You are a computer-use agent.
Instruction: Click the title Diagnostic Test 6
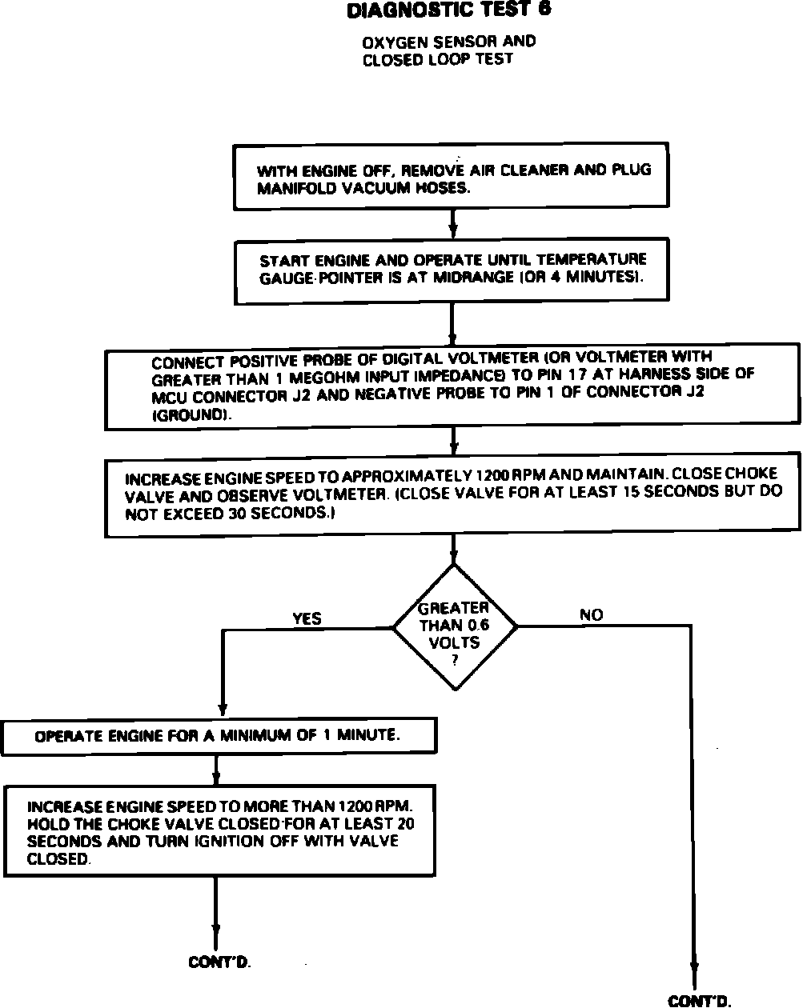click(448, 10)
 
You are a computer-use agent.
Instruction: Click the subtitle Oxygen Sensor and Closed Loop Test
click(448, 50)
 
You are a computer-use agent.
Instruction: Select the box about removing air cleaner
click(452, 178)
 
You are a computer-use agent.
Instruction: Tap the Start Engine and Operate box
click(452, 270)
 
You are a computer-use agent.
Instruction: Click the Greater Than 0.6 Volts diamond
click(454, 626)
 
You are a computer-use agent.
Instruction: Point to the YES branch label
click(307, 618)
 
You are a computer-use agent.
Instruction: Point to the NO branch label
click(591, 615)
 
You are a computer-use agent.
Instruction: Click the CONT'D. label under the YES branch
click(219, 962)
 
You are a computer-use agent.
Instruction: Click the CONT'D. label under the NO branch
click(700, 1000)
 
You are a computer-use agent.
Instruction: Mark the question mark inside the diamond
click(454, 658)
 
